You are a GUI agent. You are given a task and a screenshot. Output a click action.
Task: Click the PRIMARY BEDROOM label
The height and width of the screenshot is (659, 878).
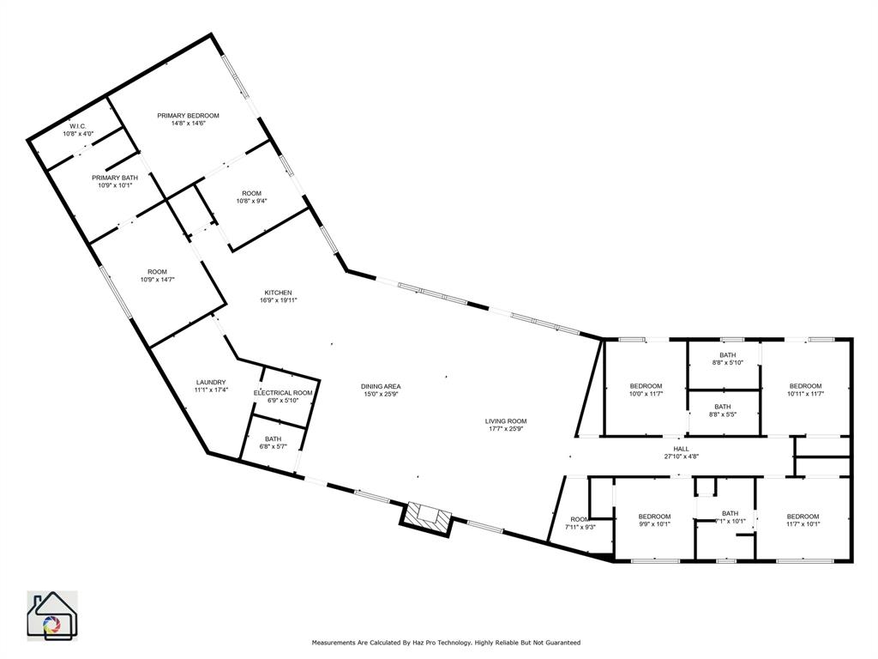188,115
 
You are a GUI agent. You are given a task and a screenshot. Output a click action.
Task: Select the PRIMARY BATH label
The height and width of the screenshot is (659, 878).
115,178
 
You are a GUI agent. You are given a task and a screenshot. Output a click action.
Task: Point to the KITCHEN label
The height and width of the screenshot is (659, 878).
278,293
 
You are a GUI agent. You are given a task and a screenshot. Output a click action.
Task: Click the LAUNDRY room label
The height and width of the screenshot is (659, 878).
210,382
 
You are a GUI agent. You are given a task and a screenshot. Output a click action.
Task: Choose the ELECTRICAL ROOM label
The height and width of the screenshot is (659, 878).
283,392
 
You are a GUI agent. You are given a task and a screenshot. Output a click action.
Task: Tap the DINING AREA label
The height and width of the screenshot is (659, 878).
381,386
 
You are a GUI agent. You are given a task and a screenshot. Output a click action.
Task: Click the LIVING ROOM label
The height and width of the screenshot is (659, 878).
506,420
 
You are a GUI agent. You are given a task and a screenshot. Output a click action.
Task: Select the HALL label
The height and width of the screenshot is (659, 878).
681,448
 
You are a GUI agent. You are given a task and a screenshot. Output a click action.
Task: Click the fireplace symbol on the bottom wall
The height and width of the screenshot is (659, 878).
428,516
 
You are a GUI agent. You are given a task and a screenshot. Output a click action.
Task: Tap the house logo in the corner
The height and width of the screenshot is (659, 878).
51,615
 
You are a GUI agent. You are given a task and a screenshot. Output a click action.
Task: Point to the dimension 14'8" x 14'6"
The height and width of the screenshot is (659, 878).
188,124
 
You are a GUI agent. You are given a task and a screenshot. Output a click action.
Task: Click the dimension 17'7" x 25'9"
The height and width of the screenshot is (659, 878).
506,429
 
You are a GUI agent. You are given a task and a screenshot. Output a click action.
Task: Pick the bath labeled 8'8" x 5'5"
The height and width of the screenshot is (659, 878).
723,410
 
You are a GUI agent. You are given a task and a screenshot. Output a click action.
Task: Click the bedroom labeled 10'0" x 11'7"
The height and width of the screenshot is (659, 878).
646,390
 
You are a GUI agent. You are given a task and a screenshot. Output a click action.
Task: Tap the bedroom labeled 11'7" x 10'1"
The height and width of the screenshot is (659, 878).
803,519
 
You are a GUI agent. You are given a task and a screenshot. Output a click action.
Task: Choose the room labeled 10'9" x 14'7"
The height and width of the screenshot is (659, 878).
157,275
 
